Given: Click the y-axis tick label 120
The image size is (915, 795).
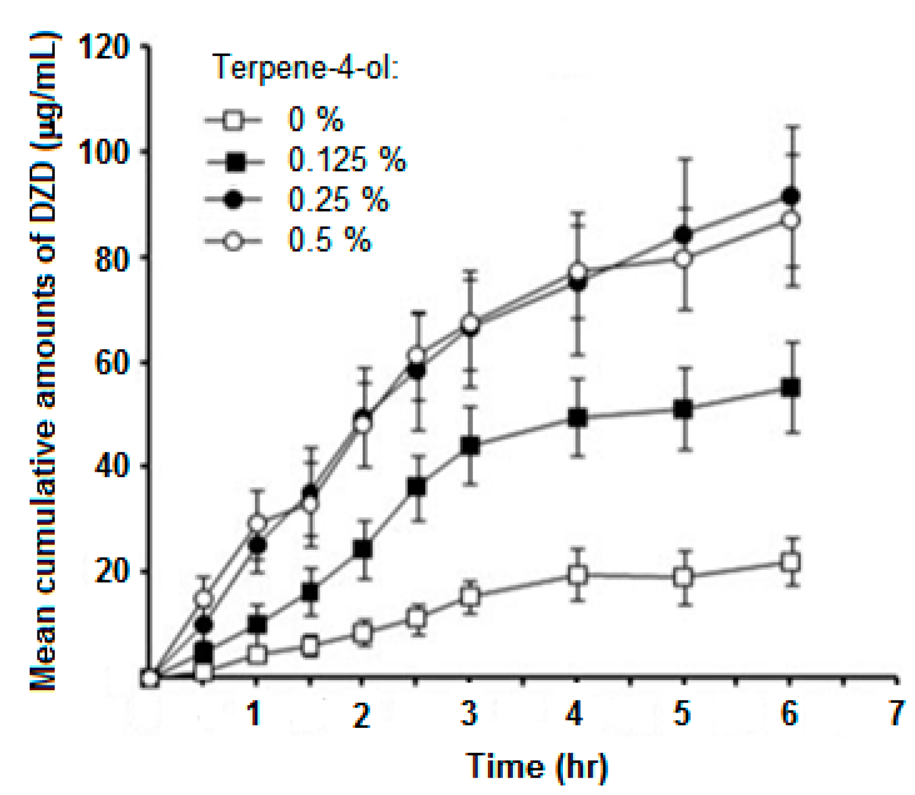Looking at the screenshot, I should [x=104, y=48].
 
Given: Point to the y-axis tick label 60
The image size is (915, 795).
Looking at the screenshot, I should [x=112, y=362].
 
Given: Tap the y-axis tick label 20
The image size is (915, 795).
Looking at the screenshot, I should [x=112, y=571].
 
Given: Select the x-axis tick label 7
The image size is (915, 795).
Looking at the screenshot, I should [x=896, y=713].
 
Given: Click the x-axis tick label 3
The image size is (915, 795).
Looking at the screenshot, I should [x=469, y=713].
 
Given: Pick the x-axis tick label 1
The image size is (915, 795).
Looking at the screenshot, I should [x=255, y=713].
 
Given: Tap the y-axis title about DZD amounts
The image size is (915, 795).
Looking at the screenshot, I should [x=44, y=363].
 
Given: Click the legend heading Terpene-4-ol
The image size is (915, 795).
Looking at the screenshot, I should [x=306, y=67].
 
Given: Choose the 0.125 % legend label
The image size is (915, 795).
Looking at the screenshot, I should [x=347, y=160].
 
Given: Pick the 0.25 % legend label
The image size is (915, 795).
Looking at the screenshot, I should [x=338, y=200].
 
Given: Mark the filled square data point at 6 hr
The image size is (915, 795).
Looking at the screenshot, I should [x=790, y=389].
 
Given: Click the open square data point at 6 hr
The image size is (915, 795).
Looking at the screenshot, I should [x=790, y=562].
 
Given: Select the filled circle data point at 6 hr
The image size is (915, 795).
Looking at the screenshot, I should [x=790, y=196].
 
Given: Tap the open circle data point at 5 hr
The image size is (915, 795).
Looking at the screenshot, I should [x=684, y=259].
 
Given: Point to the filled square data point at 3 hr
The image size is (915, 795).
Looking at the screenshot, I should [x=470, y=446].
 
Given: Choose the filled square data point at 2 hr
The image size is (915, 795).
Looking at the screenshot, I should [x=363, y=549].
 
